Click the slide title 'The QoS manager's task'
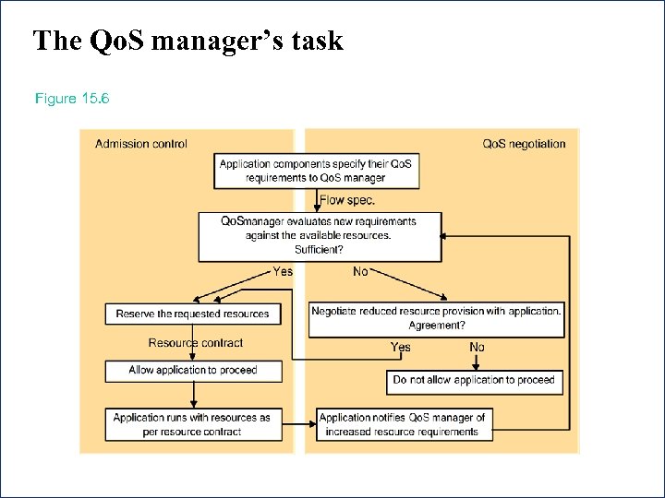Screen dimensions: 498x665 [x=187, y=41]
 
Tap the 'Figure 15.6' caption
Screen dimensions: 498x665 [x=72, y=98]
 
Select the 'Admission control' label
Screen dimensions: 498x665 [x=141, y=144]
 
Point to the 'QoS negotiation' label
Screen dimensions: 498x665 [x=524, y=144]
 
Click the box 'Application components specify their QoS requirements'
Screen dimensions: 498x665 [x=316, y=171]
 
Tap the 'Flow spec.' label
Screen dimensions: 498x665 [x=347, y=200]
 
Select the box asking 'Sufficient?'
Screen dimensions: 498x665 [x=320, y=235]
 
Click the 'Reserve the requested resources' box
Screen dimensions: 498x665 [x=192, y=314]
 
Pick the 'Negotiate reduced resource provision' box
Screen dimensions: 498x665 [x=436, y=318]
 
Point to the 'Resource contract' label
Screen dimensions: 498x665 [x=196, y=343]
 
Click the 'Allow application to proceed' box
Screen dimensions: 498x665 [x=192, y=371]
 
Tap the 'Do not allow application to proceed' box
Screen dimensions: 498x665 [x=474, y=380]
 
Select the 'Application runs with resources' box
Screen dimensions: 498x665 [x=192, y=424]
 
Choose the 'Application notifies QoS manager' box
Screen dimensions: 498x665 [x=402, y=424]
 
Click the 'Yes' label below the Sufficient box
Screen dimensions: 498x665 [x=283, y=271]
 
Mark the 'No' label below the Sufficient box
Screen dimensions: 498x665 [x=360, y=271]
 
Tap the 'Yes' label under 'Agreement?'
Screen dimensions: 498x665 [x=401, y=347]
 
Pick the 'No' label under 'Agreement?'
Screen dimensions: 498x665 [x=477, y=347]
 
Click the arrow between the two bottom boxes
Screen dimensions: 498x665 [x=298, y=424]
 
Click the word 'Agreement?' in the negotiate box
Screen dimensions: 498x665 [x=436, y=326]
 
